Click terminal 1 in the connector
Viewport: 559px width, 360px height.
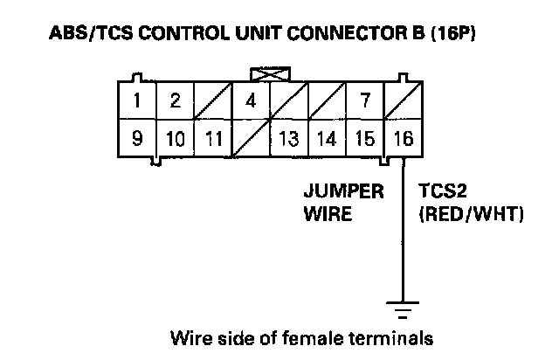(x=137, y=100)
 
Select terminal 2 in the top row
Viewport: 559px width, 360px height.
(x=175, y=100)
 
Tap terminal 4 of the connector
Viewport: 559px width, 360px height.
(x=251, y=100)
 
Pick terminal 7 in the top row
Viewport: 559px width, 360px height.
(x=364, y=100)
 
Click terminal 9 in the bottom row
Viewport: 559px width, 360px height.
(x=137, y=138)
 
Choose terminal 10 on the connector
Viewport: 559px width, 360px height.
(x=175, y=138)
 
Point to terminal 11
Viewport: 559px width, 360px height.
(x=212, y=138)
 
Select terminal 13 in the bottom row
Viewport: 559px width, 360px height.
(x=288, y=138)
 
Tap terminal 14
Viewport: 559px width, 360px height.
(x=327, y=138)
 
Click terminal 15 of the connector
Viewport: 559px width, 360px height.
(x=364, y=138)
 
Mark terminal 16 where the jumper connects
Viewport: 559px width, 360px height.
(x=403, y=138)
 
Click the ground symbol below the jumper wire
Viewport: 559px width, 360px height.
(x=403, y=308)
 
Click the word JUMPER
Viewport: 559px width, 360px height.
(x=343, y=191)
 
